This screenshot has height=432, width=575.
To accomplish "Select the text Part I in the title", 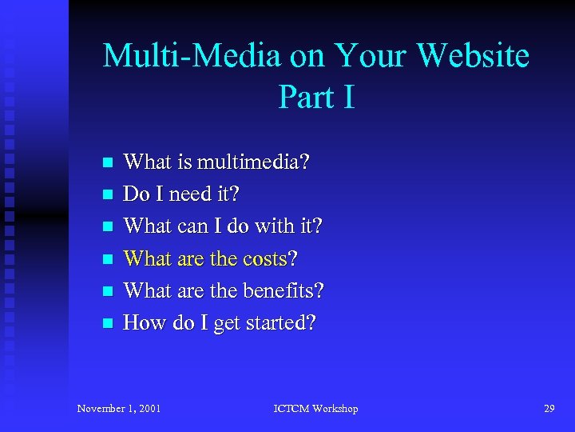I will click(316, 97).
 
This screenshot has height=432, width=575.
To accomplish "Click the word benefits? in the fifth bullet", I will click(281, 291).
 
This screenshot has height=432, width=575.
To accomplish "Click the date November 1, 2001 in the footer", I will click(119, 409).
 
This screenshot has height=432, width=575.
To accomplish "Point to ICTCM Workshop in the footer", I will click(316, 409).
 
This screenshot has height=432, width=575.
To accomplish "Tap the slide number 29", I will click(549, 409).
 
